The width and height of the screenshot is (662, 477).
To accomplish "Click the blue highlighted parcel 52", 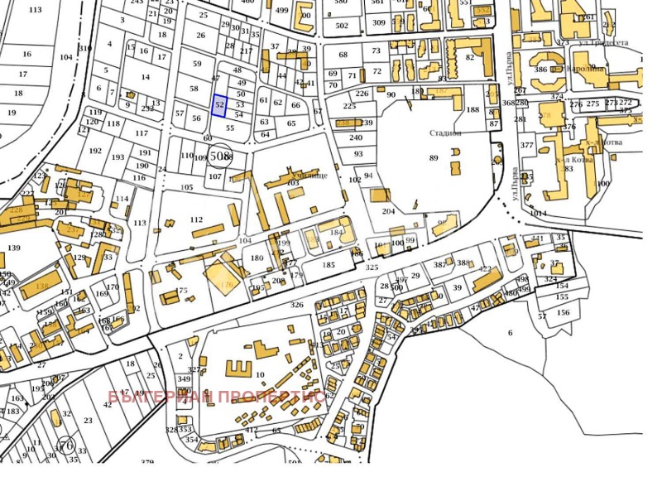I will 219,105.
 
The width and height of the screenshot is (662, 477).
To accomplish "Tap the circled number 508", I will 220,155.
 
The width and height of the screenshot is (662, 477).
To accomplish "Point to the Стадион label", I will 445,132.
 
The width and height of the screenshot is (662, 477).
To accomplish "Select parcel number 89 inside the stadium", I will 434,158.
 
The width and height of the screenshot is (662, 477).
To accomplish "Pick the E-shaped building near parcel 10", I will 238,366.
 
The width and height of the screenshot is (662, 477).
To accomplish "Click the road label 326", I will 296,305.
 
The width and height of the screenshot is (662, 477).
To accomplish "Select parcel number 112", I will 196,219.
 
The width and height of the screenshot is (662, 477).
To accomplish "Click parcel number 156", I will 563,312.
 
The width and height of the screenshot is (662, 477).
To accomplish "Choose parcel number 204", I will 389,211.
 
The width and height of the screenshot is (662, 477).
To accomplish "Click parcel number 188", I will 473,109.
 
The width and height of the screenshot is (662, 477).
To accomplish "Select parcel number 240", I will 355,137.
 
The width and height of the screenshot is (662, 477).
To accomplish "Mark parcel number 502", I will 342,26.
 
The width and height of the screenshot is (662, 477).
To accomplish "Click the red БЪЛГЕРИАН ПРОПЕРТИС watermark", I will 216,396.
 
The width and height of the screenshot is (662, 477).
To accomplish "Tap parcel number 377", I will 526,145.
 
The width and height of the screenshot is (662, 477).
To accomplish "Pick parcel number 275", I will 592,104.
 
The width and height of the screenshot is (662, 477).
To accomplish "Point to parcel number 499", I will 282,10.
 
